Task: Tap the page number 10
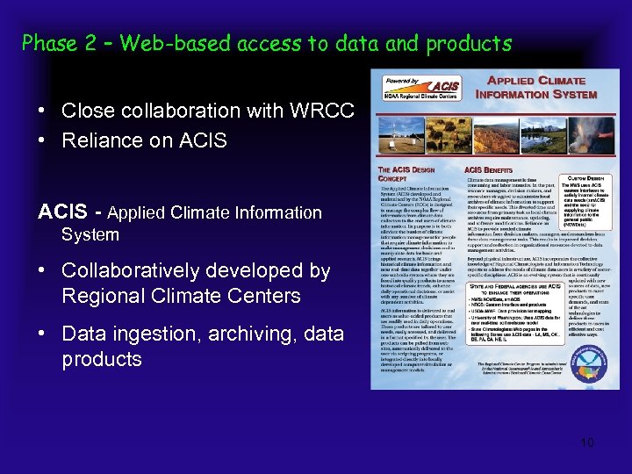point(587,442)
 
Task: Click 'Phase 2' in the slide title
point(58,42)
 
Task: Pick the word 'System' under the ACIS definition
point(90,234)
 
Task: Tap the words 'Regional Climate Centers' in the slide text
point(181,295)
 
